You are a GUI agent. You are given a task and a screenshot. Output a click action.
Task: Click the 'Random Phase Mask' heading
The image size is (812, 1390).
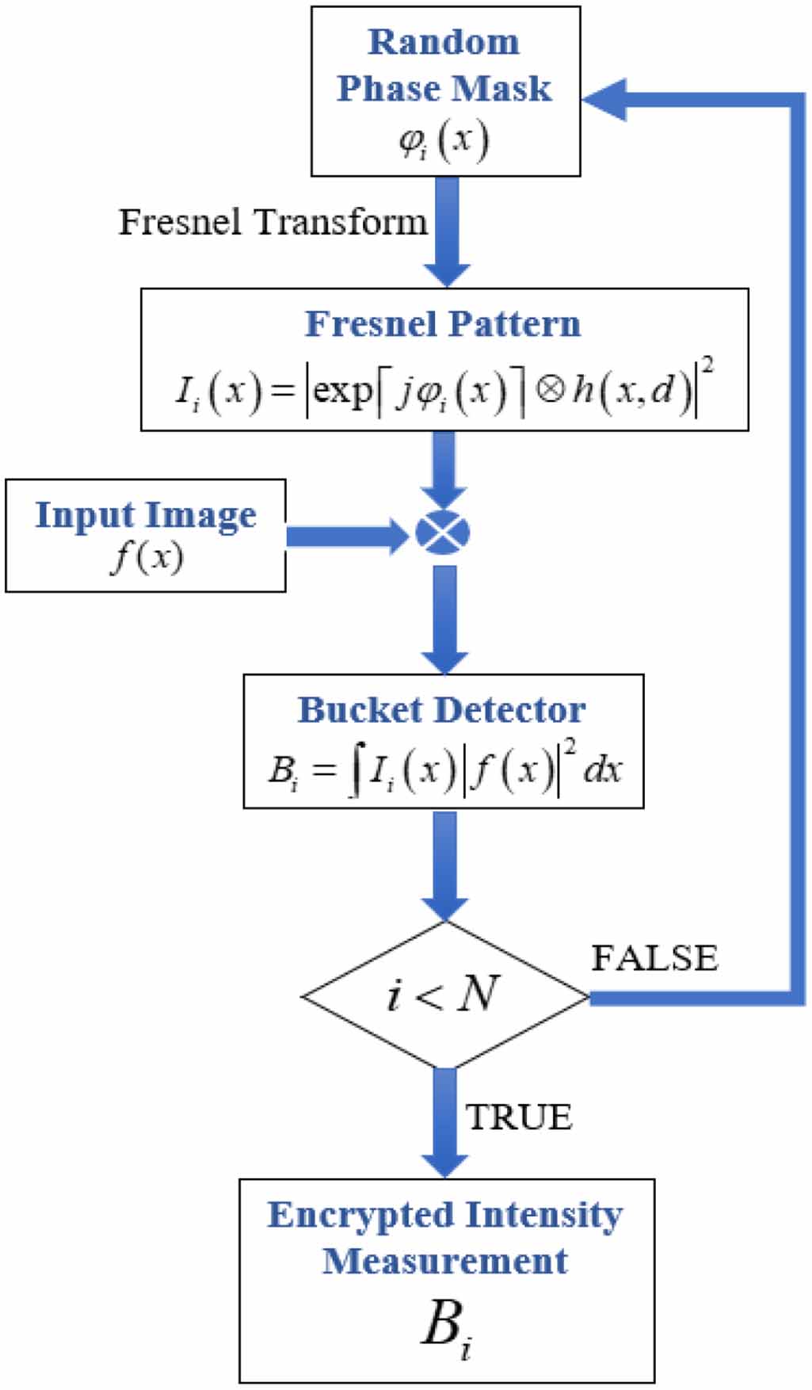click(x=444, y=65)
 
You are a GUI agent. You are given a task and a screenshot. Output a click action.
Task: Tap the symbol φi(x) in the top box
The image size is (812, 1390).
click(x=444, y=141)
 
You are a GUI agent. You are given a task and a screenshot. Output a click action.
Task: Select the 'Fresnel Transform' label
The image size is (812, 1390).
click(x=273, y=222)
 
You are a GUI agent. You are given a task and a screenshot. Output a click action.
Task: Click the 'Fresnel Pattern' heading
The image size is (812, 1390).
click(x=444, y=323)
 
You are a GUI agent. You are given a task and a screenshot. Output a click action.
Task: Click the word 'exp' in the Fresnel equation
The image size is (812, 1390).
click(x=341, y=390)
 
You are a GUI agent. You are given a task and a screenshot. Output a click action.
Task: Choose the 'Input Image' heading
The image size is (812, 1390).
click(x=146, y=515)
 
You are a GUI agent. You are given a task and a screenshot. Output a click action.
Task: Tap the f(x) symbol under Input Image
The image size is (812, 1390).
click(x=147, y=557)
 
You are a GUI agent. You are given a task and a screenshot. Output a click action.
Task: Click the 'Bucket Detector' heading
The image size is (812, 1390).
click(x=442, y=710)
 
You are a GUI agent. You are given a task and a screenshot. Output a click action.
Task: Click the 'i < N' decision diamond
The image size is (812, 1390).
click(x=444, y=994)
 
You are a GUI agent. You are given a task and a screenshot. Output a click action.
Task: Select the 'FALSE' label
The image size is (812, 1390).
click(x=654, y=958)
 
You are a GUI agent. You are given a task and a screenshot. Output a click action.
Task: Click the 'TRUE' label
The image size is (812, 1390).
click(x=519, y=1117)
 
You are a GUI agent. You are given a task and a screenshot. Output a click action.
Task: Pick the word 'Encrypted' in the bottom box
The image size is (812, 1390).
click(x=360, y=1215)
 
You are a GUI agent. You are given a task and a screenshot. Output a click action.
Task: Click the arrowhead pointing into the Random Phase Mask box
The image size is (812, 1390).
click(x=605, y=99)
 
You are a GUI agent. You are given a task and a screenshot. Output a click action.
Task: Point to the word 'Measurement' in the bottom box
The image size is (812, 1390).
click(x=445, y=1261)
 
